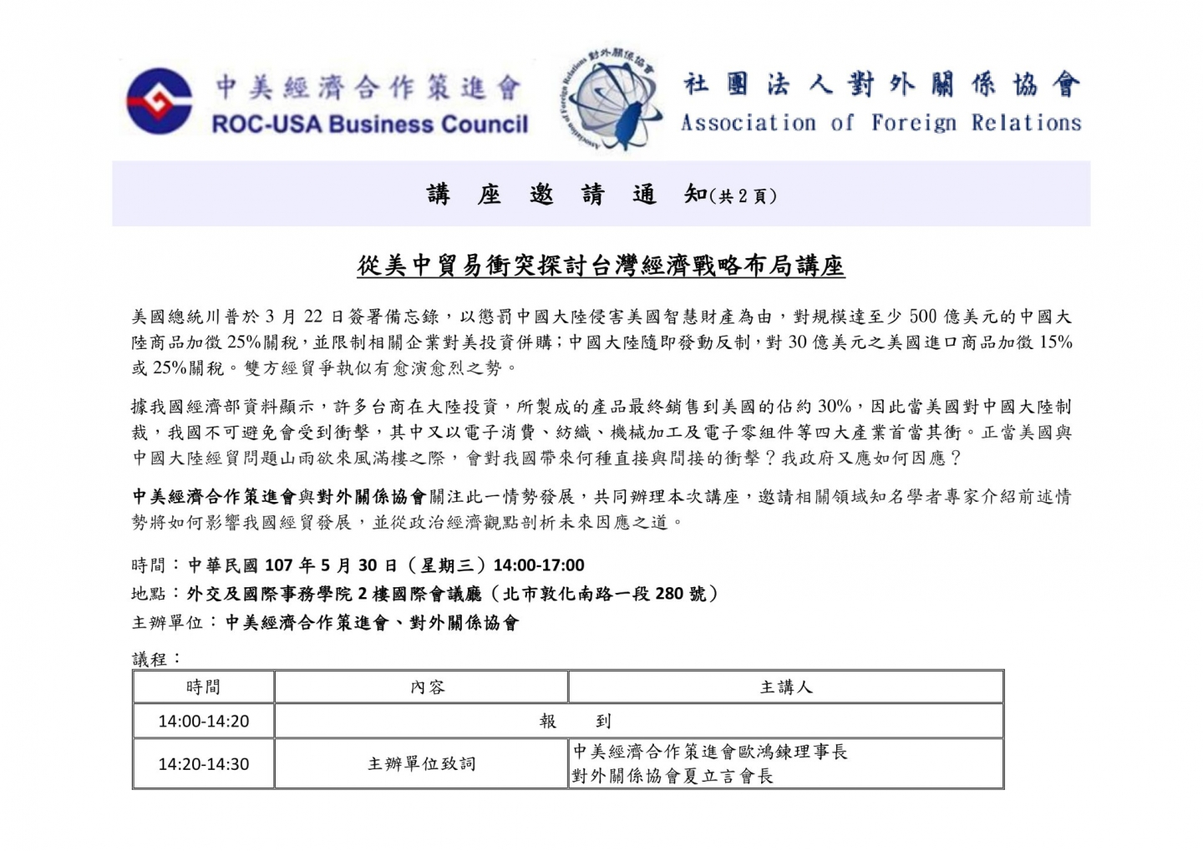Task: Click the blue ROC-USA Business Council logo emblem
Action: [159, 101]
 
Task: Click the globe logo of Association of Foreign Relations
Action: [612, 99]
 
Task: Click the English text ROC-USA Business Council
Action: [369, 124]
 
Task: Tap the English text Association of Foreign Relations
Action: [881, 123]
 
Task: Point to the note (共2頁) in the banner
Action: [743, 197]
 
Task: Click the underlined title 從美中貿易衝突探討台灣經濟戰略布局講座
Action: [601, 266]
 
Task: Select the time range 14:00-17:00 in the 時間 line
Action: [539, 565]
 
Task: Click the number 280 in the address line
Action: [669, 594]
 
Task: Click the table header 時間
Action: [203, 687]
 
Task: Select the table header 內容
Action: [427, 687]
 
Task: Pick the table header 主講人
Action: [785, 687]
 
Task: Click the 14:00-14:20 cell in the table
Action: [203, 722]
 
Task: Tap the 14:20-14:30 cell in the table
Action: [203, 764]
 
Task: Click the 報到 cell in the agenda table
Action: [576, 722]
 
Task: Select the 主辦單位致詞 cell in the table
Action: [421, 764]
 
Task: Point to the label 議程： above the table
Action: [157, 659]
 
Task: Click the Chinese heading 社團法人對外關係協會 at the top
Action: [881, 85]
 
